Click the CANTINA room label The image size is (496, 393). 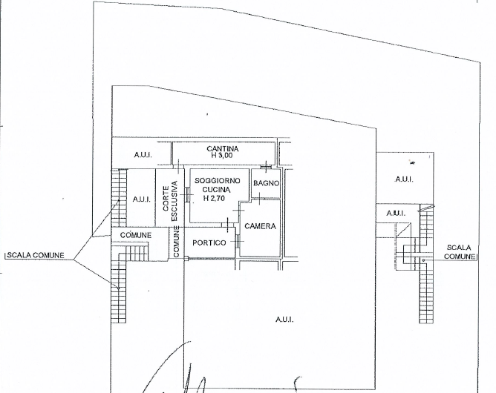[222, 148]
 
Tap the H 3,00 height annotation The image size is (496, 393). [222, 156]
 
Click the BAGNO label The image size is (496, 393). [265, 183]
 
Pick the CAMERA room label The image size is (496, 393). [260, 226]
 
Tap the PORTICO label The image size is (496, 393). [209, 243]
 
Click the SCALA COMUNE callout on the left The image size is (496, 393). [34, 256]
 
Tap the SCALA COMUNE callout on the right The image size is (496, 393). [460, 251]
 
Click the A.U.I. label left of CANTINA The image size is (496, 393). [142, 155]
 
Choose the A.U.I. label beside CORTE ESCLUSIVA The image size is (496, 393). [141, 199]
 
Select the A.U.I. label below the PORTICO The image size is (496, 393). [284, 320]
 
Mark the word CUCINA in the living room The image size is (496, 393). [213, 190]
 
